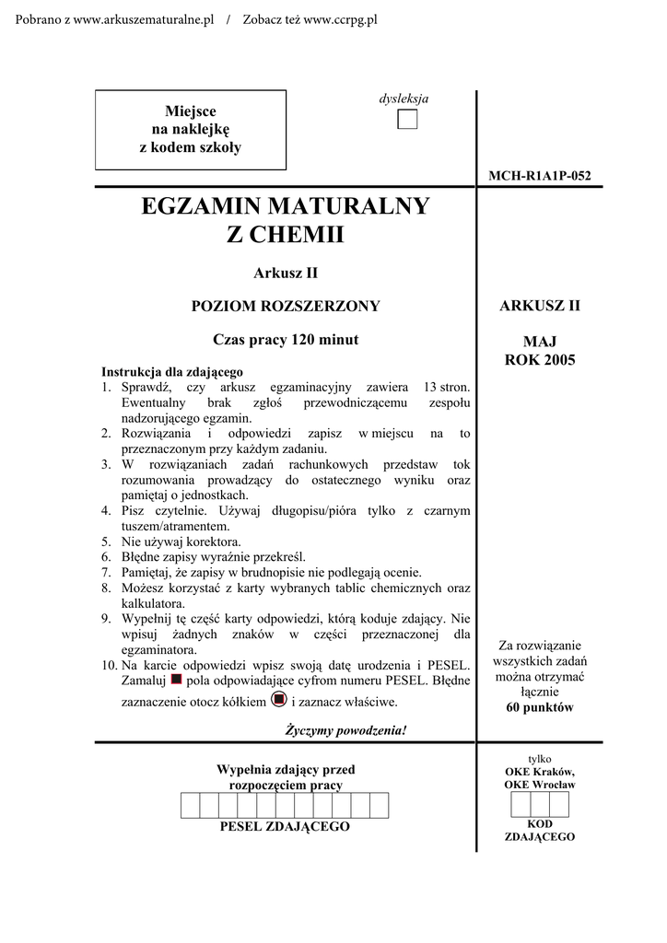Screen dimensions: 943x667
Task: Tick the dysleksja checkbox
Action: point(407,120)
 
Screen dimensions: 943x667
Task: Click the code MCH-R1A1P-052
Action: point(539,176)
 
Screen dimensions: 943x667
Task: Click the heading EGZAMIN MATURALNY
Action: point(285,205)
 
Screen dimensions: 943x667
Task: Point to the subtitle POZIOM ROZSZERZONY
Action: point(285,306)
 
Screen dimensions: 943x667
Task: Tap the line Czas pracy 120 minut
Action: point(285,339)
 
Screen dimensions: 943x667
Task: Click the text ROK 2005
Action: point(539,359)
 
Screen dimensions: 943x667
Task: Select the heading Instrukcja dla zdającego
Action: point(171,372)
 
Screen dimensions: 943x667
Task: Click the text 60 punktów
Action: point(540,707)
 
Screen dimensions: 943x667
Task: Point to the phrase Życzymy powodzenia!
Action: point(345,730)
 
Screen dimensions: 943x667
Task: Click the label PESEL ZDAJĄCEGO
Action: point(285,827)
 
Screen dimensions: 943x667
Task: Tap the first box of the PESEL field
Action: point(190,806)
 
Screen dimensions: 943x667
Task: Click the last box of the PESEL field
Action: point(379,806)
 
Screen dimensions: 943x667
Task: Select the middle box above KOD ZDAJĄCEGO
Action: point(540,805)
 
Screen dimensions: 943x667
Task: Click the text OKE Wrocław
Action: point(540,785)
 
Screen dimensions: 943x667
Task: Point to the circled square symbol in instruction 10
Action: point(279,700)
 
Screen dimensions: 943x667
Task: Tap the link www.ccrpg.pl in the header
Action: point(328,20)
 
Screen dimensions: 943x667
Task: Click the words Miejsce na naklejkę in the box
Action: point(190,120)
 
